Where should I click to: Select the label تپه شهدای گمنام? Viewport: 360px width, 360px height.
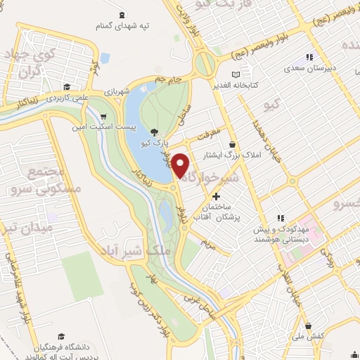click(124, 25)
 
